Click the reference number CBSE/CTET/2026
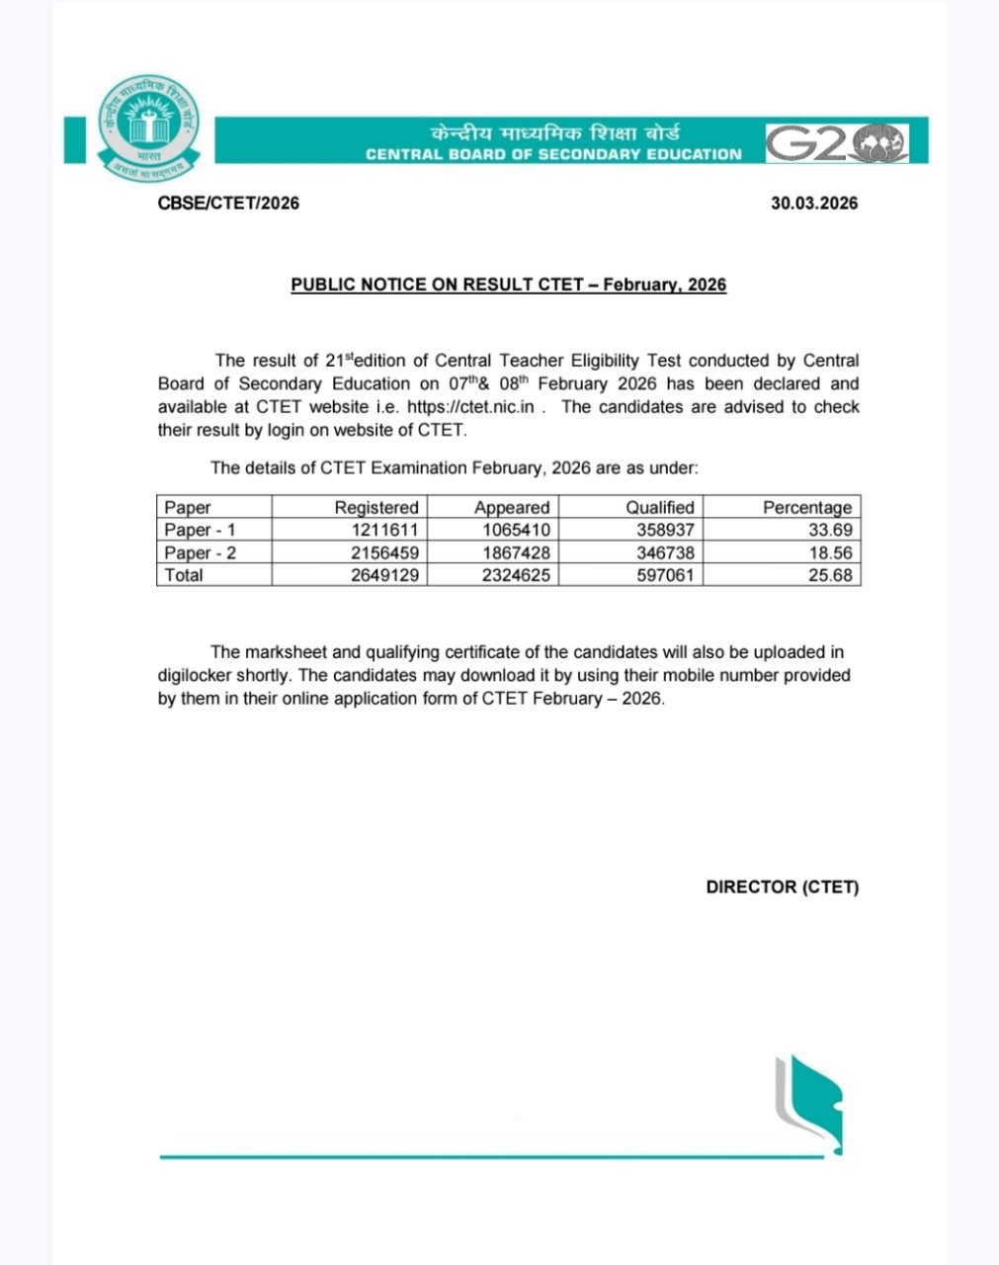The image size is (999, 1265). coord(228,204)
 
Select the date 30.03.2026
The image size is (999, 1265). coord(814,204)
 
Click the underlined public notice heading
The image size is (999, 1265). coord(508,285)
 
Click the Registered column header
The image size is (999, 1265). coord(375,507)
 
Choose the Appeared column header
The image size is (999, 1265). coord(511,507)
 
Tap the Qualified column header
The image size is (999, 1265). coord(659,507)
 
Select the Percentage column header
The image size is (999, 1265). coord(806,507)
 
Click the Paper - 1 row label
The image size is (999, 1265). coord(200,530)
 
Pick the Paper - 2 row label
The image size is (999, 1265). coord(200,552)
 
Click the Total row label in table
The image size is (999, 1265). coord(184,575)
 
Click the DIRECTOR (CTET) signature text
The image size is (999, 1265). coord(782,886)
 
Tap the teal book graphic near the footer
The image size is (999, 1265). coord(808,1102)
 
